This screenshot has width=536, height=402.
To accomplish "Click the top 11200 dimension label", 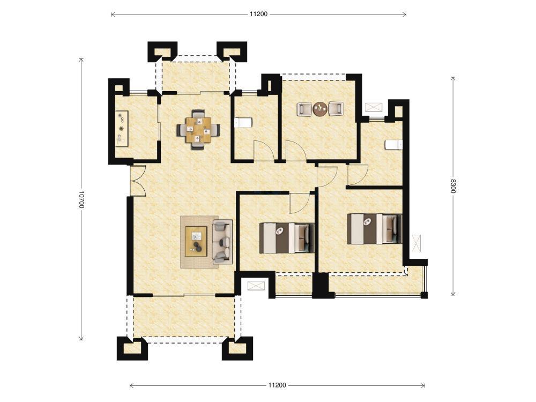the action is pos(258,14).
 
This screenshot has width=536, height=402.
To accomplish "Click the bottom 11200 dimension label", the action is pos(277,385).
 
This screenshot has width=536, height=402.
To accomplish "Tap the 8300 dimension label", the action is pos(453,186).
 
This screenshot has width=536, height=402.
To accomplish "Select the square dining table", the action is pos(198,130).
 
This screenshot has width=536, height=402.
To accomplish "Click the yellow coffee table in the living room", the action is pos(196,241).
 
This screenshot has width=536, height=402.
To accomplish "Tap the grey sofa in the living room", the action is pos(222,242).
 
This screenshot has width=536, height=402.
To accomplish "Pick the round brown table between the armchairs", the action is pos(321,109).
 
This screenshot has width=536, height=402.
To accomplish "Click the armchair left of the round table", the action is pos(304,109).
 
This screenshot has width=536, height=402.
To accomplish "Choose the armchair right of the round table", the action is pos(336,109).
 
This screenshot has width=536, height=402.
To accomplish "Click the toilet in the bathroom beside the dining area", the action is pos(243,122).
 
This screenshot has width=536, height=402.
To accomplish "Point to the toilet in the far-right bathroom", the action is pos(394,145).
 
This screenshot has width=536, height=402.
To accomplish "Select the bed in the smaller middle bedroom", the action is pos(287,238).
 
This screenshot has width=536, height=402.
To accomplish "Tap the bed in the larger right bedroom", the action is pos(375,229).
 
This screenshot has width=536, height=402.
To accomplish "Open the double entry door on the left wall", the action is pos(138,181).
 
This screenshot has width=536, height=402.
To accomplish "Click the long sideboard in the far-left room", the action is pos(121,129).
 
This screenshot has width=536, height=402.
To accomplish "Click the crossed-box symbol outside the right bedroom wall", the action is pos(416,243).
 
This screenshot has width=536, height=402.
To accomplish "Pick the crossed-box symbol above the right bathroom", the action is pos(374,107).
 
